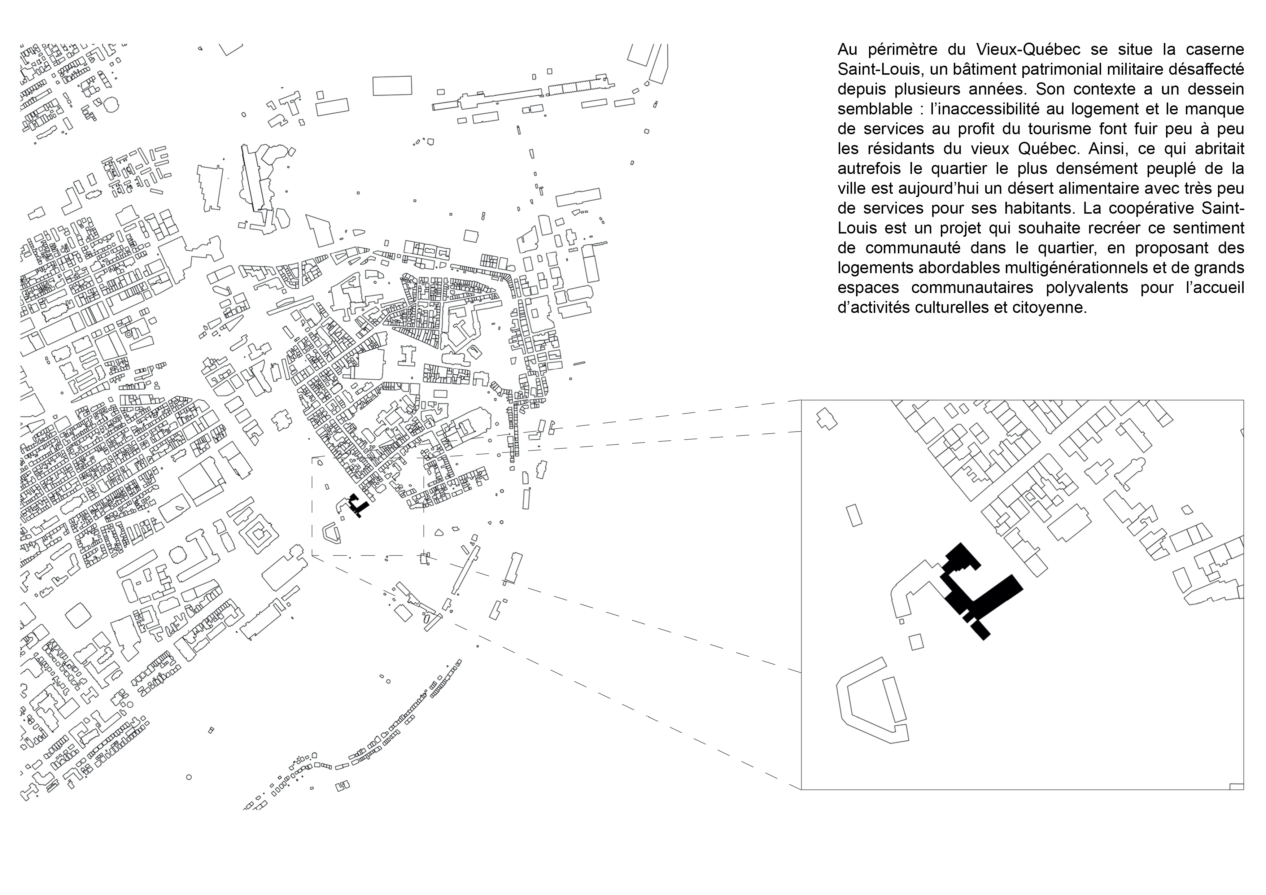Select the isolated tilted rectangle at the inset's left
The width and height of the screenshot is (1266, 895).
(x=854, y=515)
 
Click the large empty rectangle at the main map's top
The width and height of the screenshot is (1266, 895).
(x=392, y=86)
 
